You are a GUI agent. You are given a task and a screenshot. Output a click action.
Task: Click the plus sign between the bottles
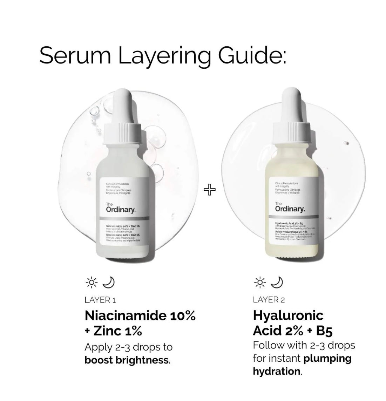click(x=210, y=190)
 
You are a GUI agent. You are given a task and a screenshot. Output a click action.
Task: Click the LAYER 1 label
click(x=100, y=300)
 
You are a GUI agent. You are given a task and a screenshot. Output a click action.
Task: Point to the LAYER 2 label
click(x=269, y=300)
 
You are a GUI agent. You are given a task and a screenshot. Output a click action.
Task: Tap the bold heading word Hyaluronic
click(x=288, y=315)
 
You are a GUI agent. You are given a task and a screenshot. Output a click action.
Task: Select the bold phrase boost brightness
click(x=127, y=360)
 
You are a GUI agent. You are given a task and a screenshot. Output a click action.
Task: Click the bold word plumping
click(x=327, y=358)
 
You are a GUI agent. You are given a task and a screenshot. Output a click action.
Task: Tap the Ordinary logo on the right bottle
click(x=290, y=209)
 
